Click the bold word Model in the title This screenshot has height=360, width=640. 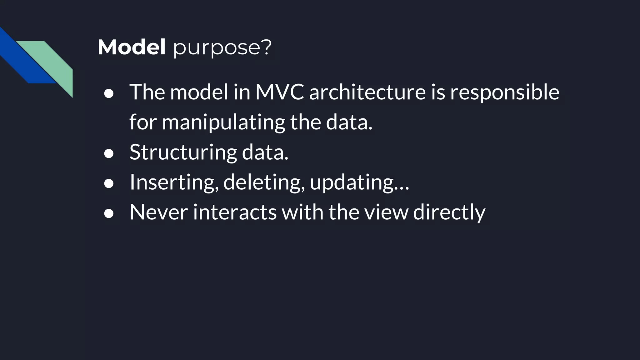pos(132,47)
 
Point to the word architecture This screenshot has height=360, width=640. pos(367,92)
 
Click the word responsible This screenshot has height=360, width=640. pos(504,93)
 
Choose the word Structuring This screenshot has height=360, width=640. pos(183,152)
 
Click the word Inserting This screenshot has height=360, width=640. pos(174,182)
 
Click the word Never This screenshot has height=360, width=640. pos(159,212)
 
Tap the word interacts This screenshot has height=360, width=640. pos(235,212)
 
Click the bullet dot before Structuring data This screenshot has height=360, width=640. pos(109,153)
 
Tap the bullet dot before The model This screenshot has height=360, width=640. pos(109,93)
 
